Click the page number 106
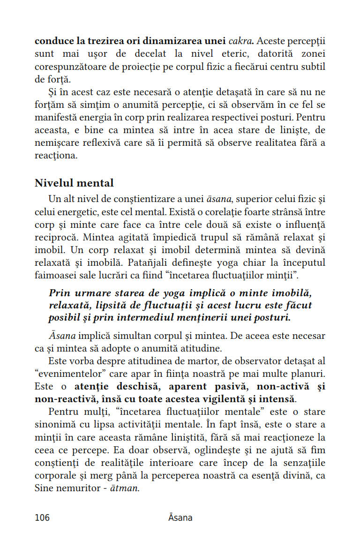pos(42,517)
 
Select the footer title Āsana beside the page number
pos(180,517)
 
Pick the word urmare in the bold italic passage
pos(94,293)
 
